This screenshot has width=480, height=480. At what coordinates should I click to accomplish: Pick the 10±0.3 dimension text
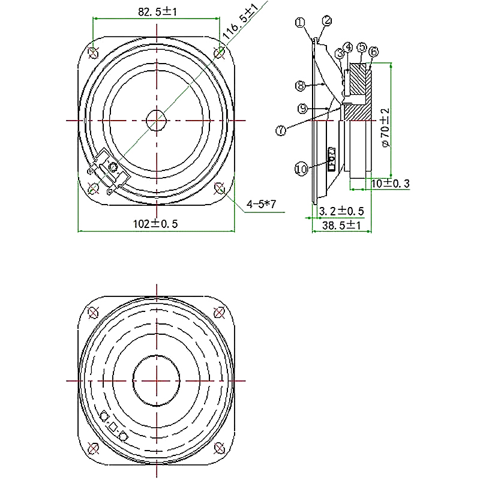(390, 184)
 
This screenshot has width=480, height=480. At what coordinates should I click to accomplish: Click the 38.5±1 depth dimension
(340, 226)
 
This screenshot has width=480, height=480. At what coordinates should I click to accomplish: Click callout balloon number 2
(327, 20)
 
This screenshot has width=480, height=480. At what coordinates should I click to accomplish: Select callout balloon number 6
(374, 52)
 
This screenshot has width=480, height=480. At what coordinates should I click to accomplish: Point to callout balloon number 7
(282, 131)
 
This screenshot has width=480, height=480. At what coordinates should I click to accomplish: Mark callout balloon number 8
(301, 86)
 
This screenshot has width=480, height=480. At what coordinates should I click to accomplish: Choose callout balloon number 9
(302, 108)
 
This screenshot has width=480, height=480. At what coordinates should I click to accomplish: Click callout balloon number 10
(301, 169)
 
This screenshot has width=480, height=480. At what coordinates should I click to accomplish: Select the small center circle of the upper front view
(157, 119)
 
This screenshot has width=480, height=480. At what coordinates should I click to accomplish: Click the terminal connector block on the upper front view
(110, 170)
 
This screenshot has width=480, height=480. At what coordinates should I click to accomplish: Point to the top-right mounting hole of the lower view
(220, 312)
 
